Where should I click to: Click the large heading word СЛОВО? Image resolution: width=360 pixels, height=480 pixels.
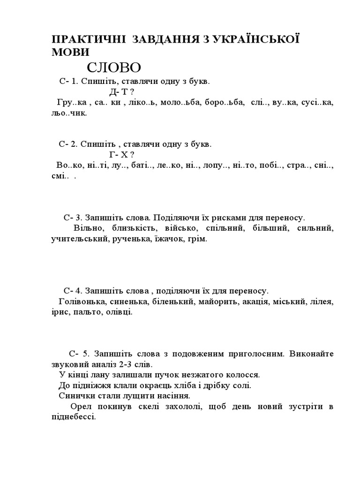(x=114, y=67)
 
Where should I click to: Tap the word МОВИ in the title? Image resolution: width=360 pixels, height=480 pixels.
(x=70, y=52)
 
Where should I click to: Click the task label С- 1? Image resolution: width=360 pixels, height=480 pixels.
(x=68, y=81)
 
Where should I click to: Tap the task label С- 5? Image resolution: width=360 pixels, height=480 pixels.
(x=78, y=353)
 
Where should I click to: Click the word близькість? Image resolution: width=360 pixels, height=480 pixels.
(x=130, y=228)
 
